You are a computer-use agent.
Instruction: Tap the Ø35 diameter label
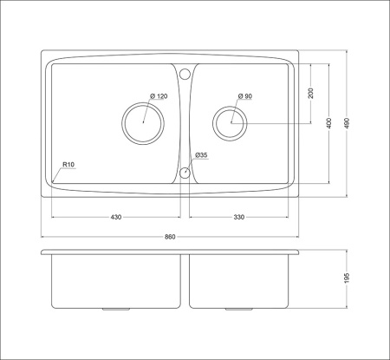[201, 155]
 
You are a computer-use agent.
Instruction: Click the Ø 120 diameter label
[158, 95]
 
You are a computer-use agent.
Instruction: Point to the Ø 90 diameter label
[244, 96]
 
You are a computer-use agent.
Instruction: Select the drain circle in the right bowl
[231, 123]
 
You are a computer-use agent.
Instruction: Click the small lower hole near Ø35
[185, 173]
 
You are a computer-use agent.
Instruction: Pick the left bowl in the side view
[114, 282]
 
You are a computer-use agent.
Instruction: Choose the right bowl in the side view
[240, 282]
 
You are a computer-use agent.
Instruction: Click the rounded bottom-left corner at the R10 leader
[55, 181]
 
